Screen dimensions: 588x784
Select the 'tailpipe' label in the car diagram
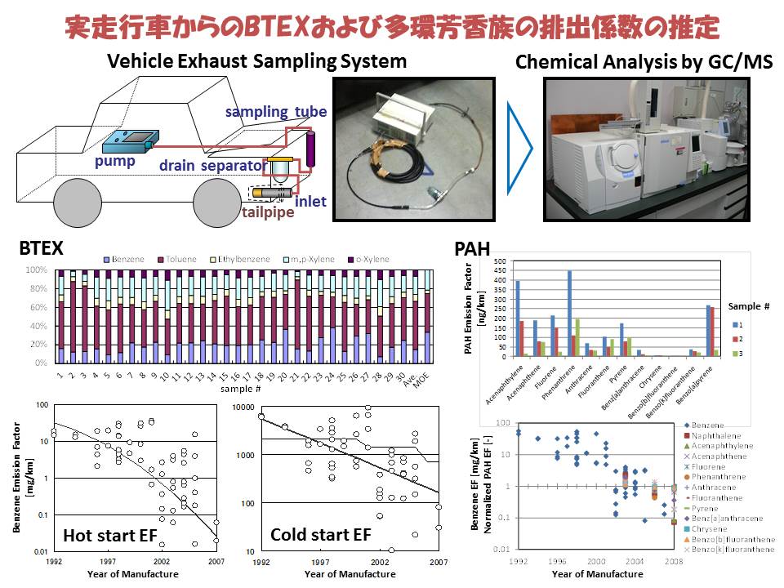click(x=271, y=212)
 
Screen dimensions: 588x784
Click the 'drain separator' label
click(x=213, y=166)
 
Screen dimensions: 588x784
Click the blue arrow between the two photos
click(x=519, y=147)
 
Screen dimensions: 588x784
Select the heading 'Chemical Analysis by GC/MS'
click(x=644, y=62)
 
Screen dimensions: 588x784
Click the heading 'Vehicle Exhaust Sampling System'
click(x=257, y=61)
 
